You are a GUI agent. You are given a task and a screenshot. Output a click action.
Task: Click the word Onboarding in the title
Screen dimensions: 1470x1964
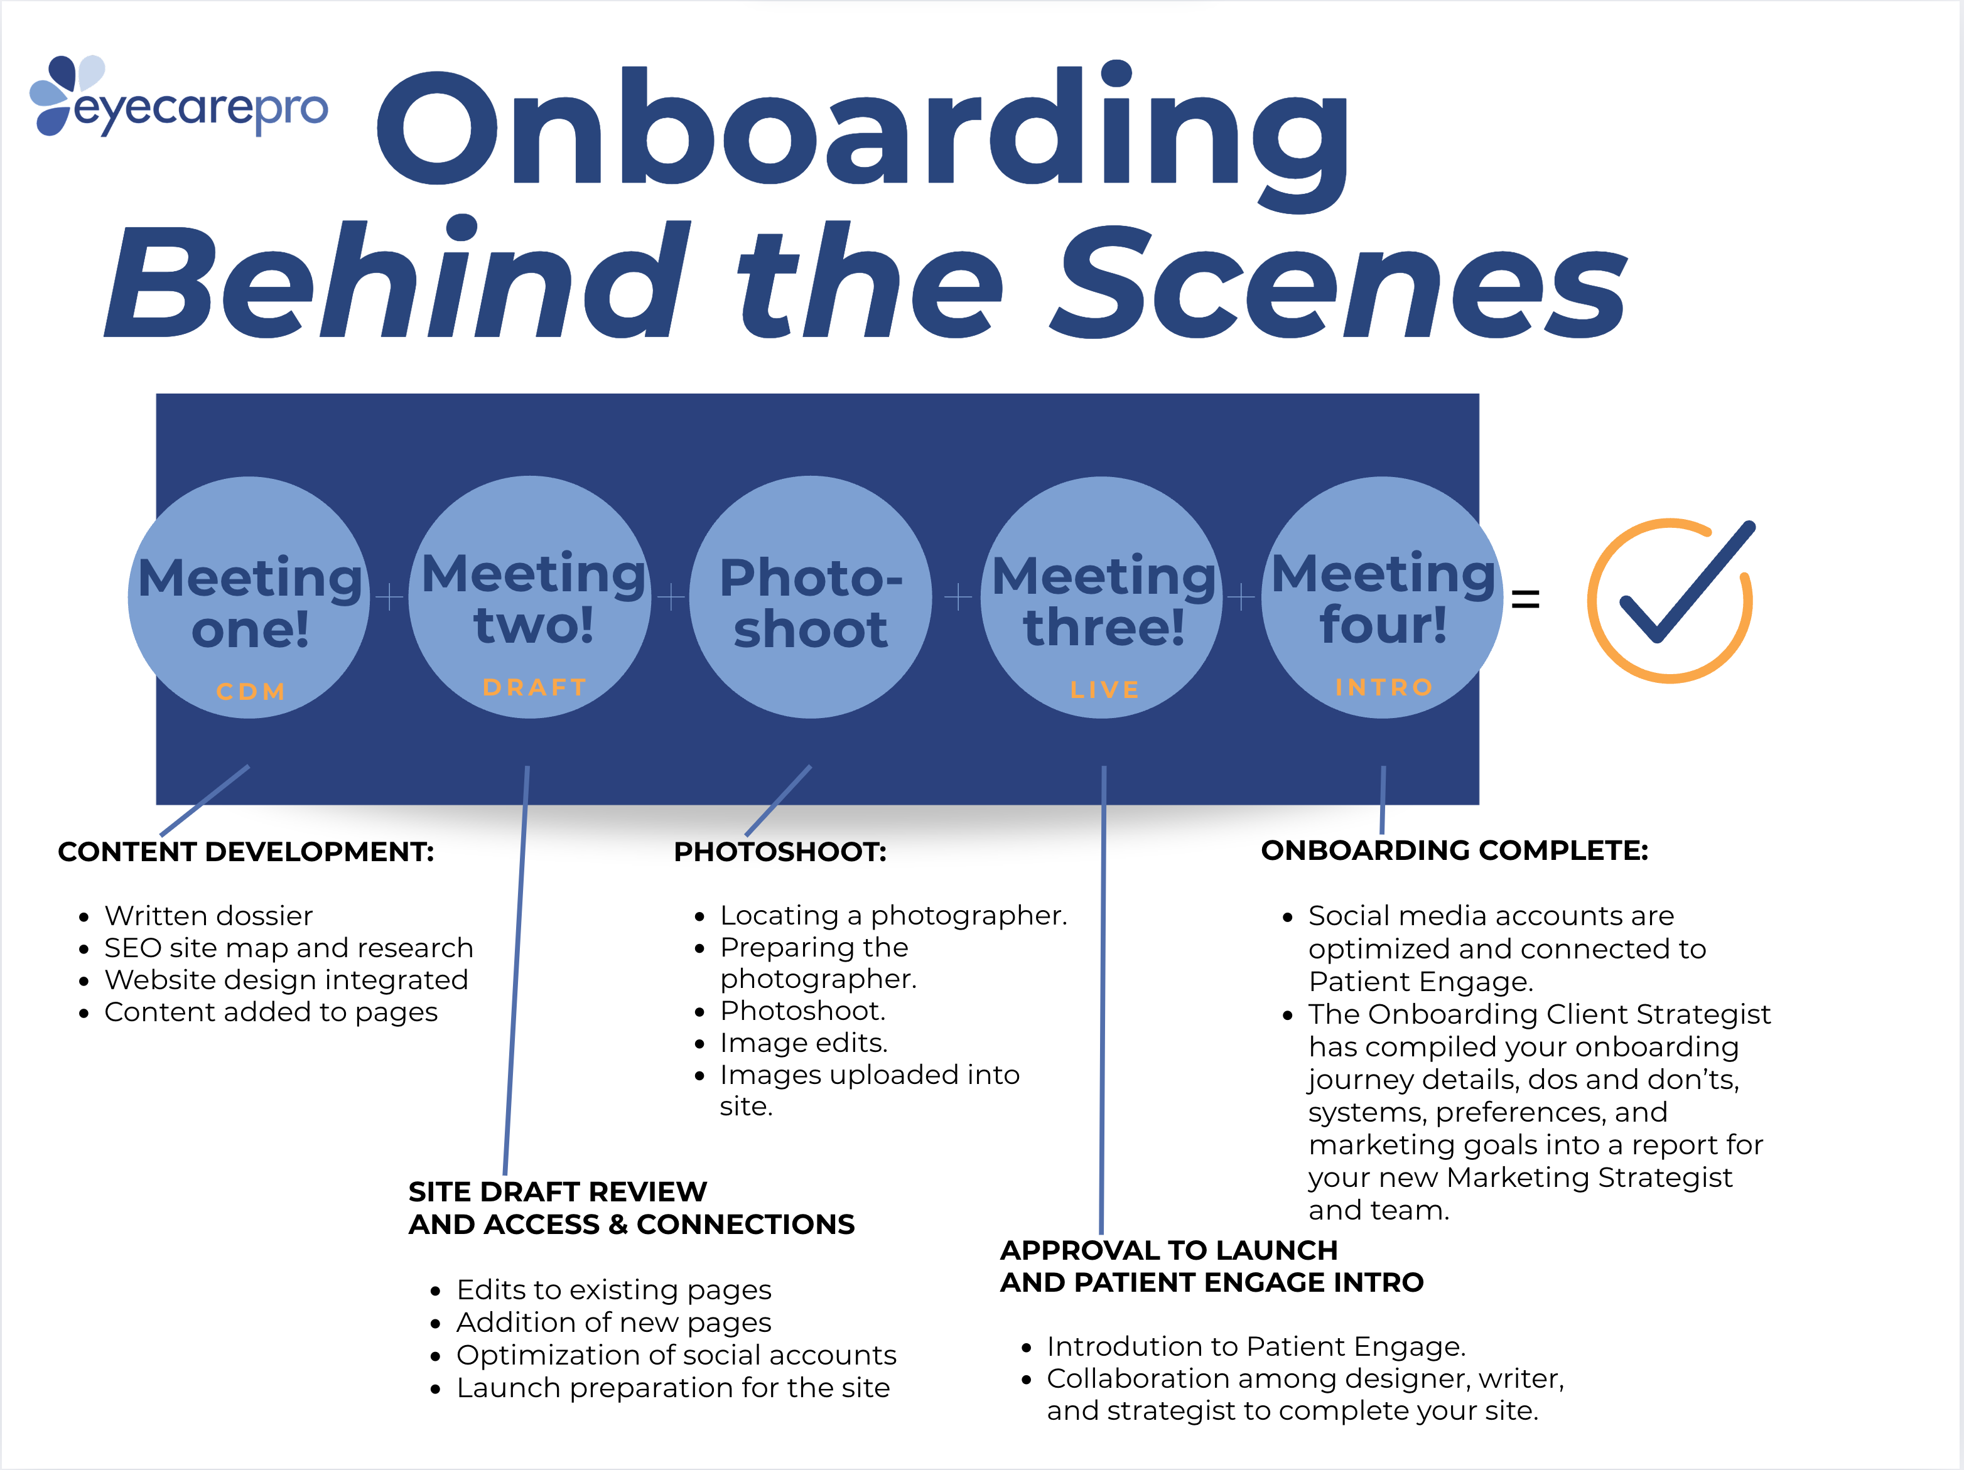[x=861, y=129]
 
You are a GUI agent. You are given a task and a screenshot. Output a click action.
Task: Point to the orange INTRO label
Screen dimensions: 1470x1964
[x=1383, y=687]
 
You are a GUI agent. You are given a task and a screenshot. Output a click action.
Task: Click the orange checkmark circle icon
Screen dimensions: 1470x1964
[x=1670, y=599]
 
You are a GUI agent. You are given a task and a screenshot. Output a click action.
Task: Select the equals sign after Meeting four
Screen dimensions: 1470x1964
[x=1524, y=599]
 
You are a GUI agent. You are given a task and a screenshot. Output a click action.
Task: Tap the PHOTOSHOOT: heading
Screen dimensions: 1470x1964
[x=780, y=852]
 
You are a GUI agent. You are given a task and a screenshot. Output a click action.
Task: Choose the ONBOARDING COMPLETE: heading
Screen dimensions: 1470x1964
[x=1454, y=850]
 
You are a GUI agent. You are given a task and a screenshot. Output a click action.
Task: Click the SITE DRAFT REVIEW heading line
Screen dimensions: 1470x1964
[x=558, y=1191]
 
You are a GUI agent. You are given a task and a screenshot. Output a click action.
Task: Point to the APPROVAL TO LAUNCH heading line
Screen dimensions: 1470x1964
[x=1168, y=1250]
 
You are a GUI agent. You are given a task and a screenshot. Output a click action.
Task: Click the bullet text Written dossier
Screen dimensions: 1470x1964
[x=208, y=915]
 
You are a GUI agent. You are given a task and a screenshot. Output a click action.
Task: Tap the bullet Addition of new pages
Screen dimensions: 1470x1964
[x=613, y=1322]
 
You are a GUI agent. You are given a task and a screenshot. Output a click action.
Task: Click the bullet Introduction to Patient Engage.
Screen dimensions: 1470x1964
[x=1256, y=1346]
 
